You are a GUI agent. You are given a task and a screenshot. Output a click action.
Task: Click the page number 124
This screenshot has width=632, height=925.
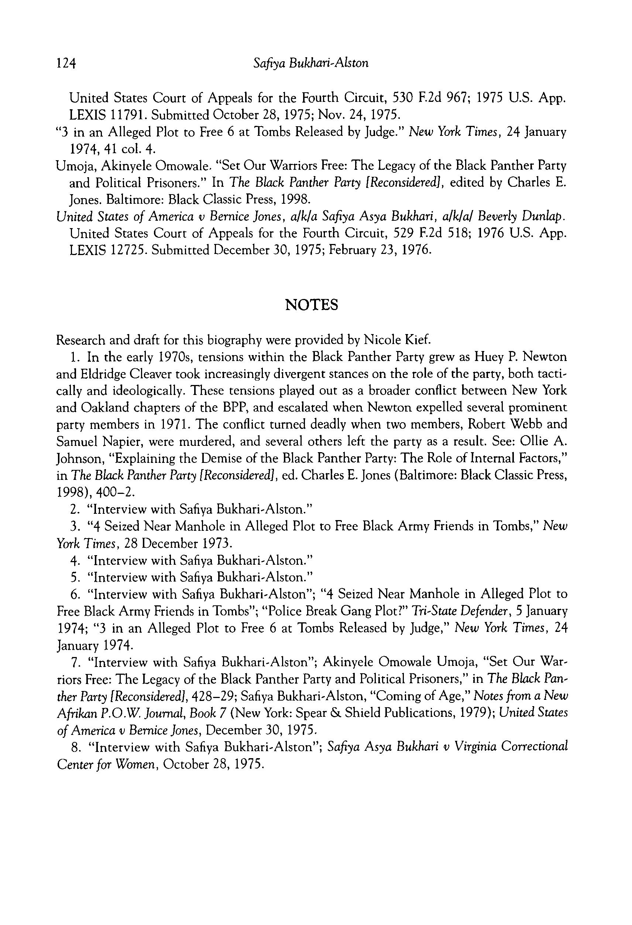coord(66,63)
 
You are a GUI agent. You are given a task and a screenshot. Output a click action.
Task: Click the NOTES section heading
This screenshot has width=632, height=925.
coord(312,305)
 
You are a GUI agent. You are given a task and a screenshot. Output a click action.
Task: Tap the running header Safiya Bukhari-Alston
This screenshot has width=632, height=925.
coord(311,63)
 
